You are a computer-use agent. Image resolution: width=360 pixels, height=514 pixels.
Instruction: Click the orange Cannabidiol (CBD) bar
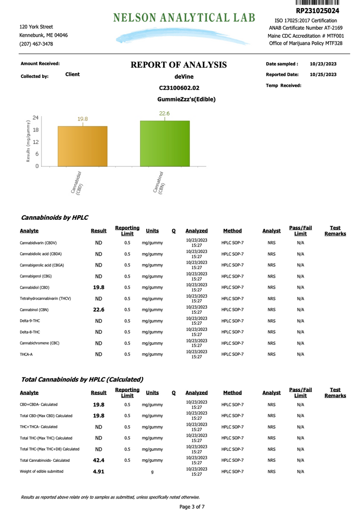click(82, 146)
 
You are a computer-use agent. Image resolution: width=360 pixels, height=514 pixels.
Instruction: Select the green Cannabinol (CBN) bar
click(165, 144)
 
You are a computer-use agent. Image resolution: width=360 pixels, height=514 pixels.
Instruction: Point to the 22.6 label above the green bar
click(165, 114)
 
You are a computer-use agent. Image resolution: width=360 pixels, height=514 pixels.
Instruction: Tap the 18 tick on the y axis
click(35, 130)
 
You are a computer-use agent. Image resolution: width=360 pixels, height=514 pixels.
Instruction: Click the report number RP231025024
click(317, 11)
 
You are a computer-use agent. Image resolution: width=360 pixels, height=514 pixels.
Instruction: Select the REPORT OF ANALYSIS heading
click(179, 65)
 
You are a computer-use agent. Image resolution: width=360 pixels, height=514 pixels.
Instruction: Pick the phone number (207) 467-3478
click(36, 44)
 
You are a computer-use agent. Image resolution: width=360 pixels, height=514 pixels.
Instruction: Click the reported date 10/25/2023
click(323, 74)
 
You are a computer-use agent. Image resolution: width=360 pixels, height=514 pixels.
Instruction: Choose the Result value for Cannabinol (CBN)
click(99, 310)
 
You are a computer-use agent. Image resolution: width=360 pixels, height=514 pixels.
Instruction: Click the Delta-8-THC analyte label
click(30, 332)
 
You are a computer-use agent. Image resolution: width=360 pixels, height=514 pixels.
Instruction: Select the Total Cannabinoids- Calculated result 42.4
click(99, 460)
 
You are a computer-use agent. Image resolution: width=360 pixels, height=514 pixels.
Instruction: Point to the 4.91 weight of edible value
click(99, 471)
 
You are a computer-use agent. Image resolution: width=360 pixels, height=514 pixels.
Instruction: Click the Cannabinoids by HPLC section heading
click(54, 218)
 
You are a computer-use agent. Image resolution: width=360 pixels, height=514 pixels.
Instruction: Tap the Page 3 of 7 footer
click(192, 506)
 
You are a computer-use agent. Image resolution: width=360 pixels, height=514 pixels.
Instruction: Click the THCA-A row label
click(27, 354)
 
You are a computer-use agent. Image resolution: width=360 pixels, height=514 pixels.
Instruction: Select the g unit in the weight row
click(152, 472)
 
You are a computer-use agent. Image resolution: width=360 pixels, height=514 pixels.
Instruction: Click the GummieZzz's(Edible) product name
click(186, 99)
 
